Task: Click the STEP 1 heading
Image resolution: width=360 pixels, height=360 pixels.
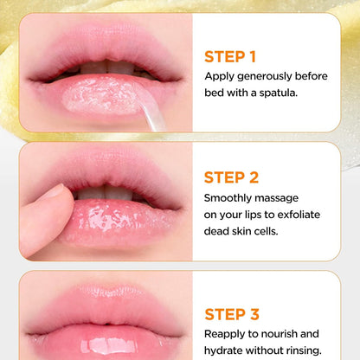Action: click(x=229, y=57)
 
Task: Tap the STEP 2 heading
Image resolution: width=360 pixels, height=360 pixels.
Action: click(x=231, y=177)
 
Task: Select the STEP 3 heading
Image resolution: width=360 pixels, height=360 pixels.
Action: click(x=231, y=313)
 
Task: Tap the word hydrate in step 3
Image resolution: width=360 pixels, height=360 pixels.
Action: click(x=228, y=350)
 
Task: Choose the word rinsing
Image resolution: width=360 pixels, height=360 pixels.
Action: click(x=299, y=350)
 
